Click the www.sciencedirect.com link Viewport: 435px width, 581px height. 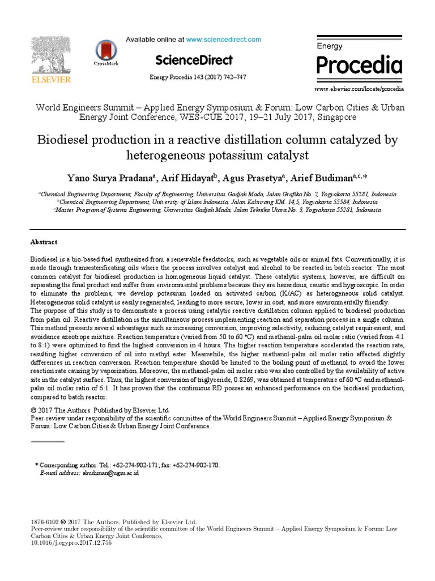click(x=224, y=39)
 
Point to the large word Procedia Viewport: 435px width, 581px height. click(x=359, y=65)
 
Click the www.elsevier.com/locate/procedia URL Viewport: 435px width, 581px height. click(x=359, y=90)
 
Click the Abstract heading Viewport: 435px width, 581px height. click(x=44, y=242)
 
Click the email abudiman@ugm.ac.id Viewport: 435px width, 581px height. click(x=110, y=473)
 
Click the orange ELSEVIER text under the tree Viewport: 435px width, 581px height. click(x=50, y=80)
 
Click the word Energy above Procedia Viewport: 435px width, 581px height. click(x=330, y=45)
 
